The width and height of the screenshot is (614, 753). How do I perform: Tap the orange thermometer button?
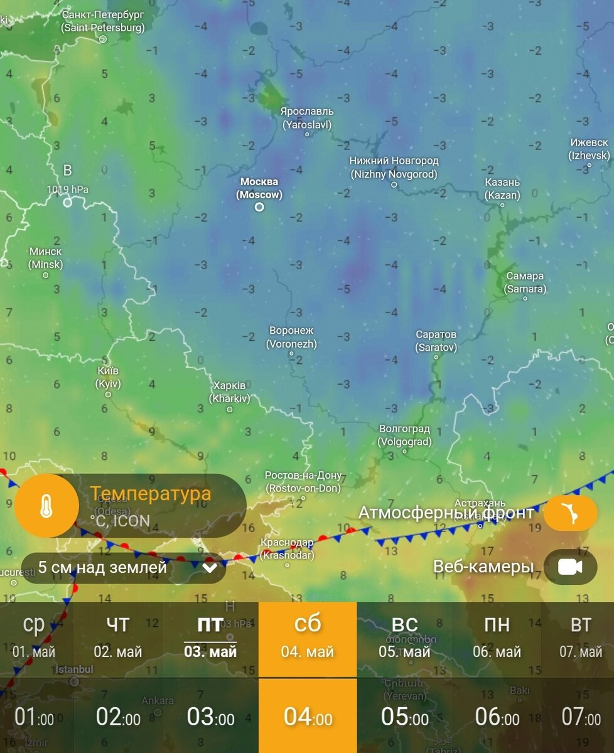pyautogui.click(x=46, y=506)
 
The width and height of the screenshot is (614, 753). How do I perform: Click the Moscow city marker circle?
pyautogui.click(x=259, y=206)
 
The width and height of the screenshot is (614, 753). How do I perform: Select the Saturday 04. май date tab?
pyautogui.click(x=308, y=636)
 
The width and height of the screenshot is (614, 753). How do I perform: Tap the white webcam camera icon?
pyautogui.click(x=570, y=567)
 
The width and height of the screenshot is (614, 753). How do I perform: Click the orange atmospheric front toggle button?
pyautogui.click(x=570, y=513)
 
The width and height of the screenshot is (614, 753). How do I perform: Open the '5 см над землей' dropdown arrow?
pyautogui.click(x=210, y=569)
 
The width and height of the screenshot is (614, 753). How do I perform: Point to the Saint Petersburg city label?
pyautogui.click(x=103, y=21)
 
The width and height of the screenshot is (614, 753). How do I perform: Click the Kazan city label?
pyautogui.click(x=502, y=188)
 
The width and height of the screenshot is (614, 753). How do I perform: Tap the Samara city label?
pyautogui.click(x=525, y=282)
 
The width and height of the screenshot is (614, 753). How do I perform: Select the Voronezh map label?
pyautogui.click(x=291, y=337)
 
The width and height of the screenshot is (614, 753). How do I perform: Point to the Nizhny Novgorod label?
pyautogui.click(x=394, y=168)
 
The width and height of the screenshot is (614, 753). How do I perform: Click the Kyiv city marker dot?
pyautogui.click(x=108, y=395)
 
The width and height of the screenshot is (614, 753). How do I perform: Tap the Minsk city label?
pyautogui.click(x=46, y=258)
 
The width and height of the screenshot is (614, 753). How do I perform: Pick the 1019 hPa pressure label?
pyautogui.click(x=68, y=189)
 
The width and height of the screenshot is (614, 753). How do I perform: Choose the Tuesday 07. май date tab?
pyautogui.click(x=581, y=636)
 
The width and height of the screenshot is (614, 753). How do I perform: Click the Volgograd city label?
pyautogui.click(x=405, y=435)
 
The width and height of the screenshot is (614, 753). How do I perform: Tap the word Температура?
pyautogui.click(x=150, y=494)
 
